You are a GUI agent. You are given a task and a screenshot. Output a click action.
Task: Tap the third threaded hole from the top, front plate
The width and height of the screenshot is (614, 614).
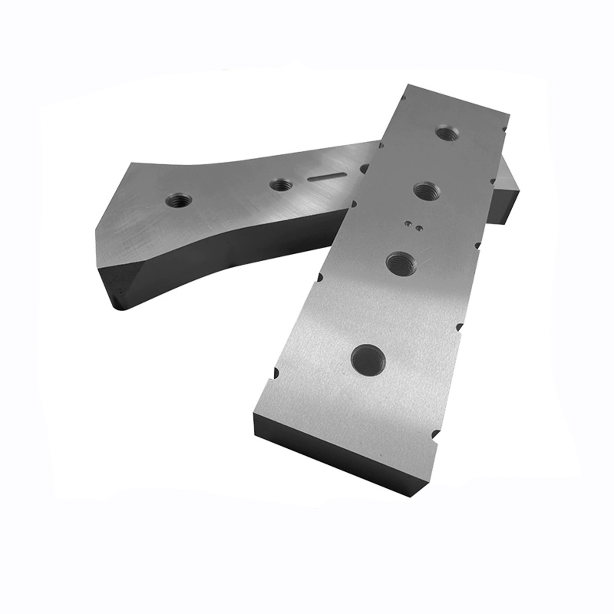[401, 263]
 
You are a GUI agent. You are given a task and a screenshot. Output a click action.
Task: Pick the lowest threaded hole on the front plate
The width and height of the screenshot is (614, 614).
[368, 359]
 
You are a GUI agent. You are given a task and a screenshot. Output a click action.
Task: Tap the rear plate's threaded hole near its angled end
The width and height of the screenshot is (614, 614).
[179, 200]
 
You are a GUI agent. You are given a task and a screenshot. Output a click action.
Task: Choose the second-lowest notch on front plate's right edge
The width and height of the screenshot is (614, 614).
[458, 327]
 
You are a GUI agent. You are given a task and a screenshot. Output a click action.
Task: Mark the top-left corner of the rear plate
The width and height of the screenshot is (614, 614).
[130, 163]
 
